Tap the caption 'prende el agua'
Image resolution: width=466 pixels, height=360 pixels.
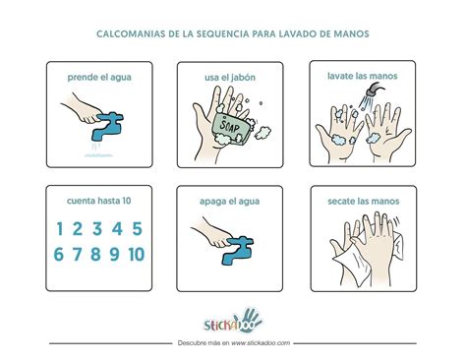(98, 77)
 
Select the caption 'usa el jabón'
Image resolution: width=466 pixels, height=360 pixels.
(232, 77)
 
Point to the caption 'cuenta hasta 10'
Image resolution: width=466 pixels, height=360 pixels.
(98, 201)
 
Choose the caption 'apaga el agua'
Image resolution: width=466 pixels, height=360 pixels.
(232, 201)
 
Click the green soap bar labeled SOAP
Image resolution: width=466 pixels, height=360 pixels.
(227, 127)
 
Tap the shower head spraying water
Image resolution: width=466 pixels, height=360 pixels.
(370, 93)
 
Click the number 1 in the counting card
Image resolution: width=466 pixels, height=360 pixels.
(61, 230)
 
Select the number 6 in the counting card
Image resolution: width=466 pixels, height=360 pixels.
(60, 255)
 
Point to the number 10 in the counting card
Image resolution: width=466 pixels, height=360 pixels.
(136, 255)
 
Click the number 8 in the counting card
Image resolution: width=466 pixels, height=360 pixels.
(96, 255)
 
